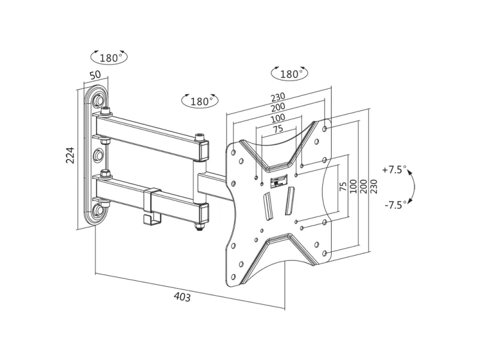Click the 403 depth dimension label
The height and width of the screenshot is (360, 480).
click(182, 297)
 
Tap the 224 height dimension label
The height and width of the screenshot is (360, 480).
click(70, 155)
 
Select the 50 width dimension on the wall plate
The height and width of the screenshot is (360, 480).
click(95, 76)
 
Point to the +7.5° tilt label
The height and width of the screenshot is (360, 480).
click(394, 170)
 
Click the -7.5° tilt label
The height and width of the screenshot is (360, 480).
click(395, 204)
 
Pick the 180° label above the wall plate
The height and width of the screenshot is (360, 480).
click(110, 58)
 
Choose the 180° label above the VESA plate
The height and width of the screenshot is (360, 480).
click(290, 74)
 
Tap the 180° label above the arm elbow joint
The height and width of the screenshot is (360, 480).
click(200, 101)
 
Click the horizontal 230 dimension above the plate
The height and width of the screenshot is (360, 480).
click(278, 97)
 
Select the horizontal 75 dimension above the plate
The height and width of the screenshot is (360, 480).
click(278, 129)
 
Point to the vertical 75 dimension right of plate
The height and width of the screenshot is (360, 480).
click(343, 186)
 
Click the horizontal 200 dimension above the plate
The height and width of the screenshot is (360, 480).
click(278, 107)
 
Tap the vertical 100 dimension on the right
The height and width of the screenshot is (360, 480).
click(353, 185)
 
